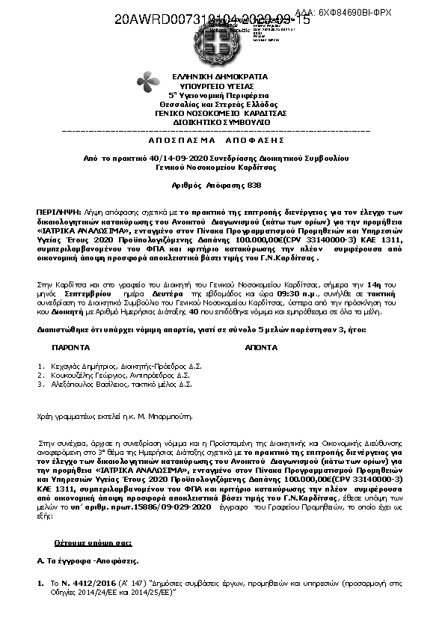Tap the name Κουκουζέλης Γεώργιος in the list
pos(84,376)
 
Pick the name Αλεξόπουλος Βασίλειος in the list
pos(85,385)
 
